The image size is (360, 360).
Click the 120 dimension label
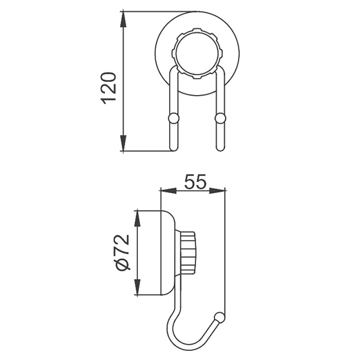[x=109, y=88]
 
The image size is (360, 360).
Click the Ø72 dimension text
[x=121, y=253]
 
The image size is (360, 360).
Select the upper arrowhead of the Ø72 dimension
[x=137, y=216]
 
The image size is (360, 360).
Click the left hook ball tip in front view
[x=173, y=119]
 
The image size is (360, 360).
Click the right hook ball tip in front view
[x=221, y=119]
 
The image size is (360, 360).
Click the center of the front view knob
[x=197, y=53]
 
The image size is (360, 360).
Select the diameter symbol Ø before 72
[x=121, y=264]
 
